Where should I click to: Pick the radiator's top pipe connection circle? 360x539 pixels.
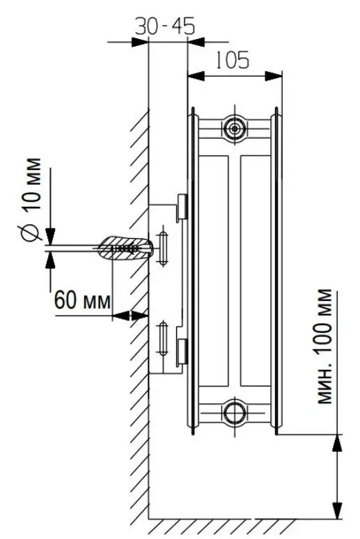click(x=234, y=127)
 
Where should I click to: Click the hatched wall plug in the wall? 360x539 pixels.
click(x=125, y=247)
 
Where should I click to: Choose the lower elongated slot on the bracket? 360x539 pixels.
click(x=164, y=338)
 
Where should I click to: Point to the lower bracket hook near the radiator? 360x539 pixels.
click(x=182, y=352)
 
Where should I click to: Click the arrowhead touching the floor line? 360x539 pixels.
click(x=336, y=512)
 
